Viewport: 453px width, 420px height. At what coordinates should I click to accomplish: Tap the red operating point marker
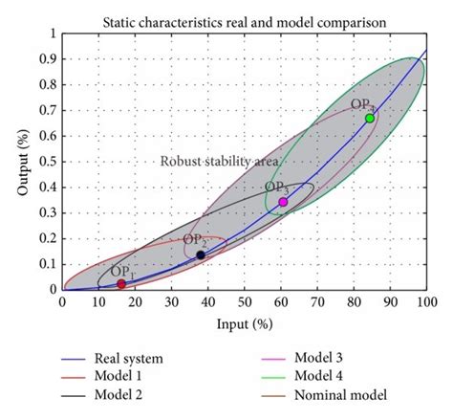click(x=121, y=284)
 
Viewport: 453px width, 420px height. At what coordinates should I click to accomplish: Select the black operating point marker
click(x=201, y=254)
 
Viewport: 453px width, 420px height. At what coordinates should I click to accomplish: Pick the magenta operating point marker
click(x=283, y=202)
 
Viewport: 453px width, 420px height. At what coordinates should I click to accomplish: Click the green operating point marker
click(x=370, y=119)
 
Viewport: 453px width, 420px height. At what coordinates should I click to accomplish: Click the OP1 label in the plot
click(x=123, y=272)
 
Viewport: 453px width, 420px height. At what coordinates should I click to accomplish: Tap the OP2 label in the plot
click(x=195, y=240)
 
